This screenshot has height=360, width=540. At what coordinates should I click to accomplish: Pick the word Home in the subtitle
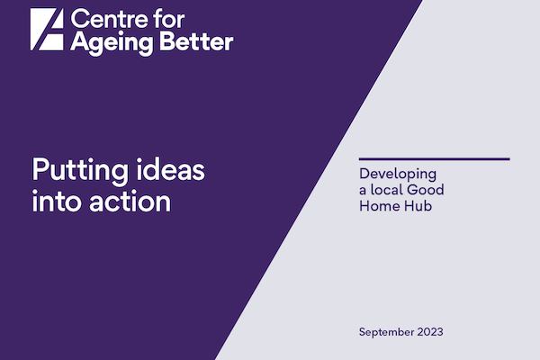point(378,206)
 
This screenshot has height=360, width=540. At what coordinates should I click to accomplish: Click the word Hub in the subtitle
point(417,206)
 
